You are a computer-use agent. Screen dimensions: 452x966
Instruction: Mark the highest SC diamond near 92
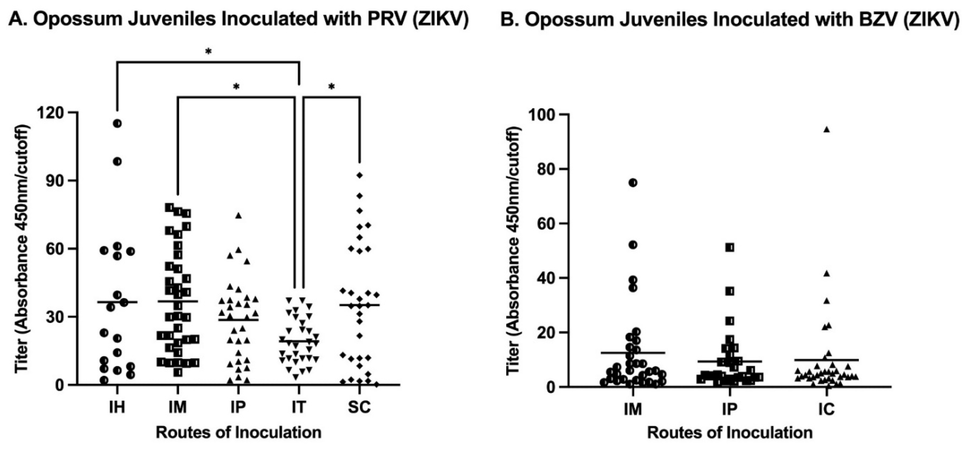(360, 175)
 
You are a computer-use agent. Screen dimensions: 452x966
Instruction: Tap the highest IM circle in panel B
(633, 183)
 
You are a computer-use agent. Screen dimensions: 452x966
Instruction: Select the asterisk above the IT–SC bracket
(332, 87)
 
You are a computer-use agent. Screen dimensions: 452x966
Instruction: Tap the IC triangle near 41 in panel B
(827, 273)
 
